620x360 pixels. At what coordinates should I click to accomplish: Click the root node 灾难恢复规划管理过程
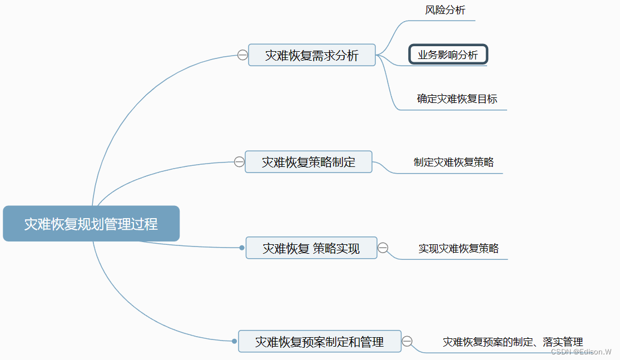coord(91,224)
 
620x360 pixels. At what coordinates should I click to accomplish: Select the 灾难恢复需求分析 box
coord(311,55)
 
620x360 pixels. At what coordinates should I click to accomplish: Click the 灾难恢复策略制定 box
coord(309,162)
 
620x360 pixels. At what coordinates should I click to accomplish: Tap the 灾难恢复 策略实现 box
coord(311,248)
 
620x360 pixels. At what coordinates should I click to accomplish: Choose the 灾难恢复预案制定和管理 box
coord(319,341)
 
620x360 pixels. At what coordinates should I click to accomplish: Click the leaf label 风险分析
coord(445,10)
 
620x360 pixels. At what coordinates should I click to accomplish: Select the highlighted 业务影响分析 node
coord(448,55)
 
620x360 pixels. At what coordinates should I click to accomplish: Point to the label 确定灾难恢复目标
coord(457,99)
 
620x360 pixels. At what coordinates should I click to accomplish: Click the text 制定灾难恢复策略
coord(454,162)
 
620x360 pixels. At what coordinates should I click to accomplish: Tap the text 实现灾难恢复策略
coord(459,248)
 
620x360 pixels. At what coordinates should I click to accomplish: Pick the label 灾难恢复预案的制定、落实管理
coord(513,342)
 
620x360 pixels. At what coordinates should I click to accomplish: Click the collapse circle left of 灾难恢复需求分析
coord(242,55)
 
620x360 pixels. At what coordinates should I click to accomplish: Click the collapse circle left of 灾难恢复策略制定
coord(239,162)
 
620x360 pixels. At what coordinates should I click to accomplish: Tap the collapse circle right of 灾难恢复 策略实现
coord(383,248)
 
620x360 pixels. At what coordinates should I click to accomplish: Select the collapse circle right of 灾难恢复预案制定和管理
coord(407,341)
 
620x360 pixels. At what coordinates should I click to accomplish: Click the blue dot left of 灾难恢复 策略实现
coord(242,248)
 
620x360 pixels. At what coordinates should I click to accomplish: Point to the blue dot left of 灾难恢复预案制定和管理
coord(234,341)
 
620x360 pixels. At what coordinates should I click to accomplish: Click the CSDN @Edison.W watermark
coord(581,352)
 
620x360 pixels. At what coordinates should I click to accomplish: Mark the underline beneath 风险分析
coord(445,21)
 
